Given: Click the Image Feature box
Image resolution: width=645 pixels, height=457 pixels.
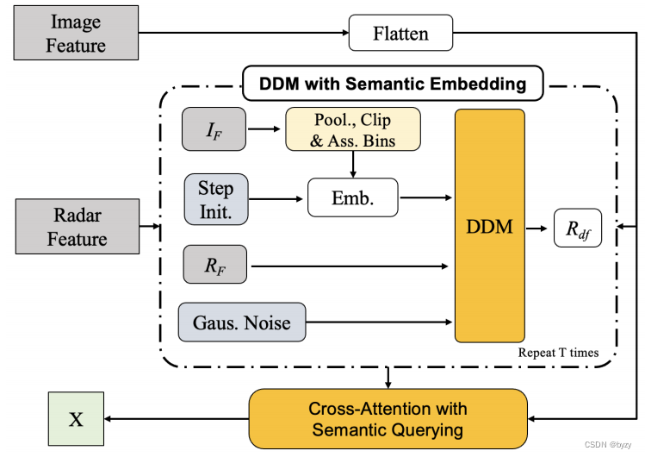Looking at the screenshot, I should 75,33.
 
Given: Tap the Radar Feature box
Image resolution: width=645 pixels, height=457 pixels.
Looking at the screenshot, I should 77,226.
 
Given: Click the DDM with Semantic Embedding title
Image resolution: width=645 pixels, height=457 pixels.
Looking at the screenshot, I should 392,85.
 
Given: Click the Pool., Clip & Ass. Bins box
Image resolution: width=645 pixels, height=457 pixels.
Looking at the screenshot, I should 352,128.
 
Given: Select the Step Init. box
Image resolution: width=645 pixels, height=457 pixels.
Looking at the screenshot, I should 215,198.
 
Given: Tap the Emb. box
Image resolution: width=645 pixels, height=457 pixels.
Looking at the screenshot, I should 353,198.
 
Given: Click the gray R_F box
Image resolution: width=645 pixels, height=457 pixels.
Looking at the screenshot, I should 214,264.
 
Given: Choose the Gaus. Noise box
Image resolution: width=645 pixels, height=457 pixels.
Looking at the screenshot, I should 242,322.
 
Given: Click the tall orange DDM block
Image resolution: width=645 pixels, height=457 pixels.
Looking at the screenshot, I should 489,226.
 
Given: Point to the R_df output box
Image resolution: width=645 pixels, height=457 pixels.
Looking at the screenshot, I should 577,228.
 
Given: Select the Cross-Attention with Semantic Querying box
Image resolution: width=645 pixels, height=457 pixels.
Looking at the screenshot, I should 387,418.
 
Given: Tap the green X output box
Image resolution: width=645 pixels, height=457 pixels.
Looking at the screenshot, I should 76,419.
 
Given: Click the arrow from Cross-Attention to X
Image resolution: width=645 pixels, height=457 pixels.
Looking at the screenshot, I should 176,419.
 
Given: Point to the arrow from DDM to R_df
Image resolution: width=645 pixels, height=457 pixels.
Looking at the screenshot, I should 538,228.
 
